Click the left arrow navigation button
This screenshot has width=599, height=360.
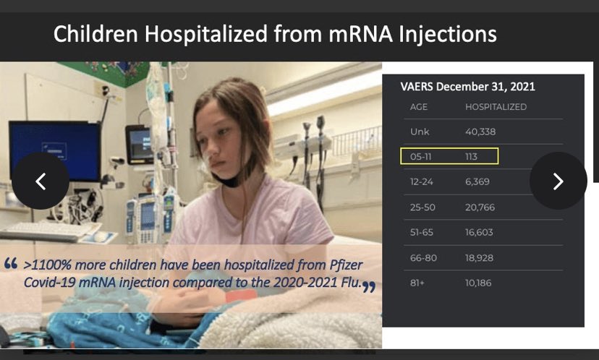[x=41, y=181]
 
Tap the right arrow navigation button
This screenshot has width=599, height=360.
[x=558, y=181]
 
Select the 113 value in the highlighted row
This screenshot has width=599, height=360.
[x=472, y=157]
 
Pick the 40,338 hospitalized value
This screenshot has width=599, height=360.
[x=480, y=132]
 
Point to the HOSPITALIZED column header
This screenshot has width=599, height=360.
[x=496, y=107]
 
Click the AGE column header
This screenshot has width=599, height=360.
[x=419, y=107]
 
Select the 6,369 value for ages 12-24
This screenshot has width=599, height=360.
[x=478, y=182]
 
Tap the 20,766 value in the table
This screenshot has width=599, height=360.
[x=480, y=207]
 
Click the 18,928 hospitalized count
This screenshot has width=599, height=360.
[x=480, y=258]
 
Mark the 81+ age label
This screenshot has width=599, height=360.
[x=417, y=283]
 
